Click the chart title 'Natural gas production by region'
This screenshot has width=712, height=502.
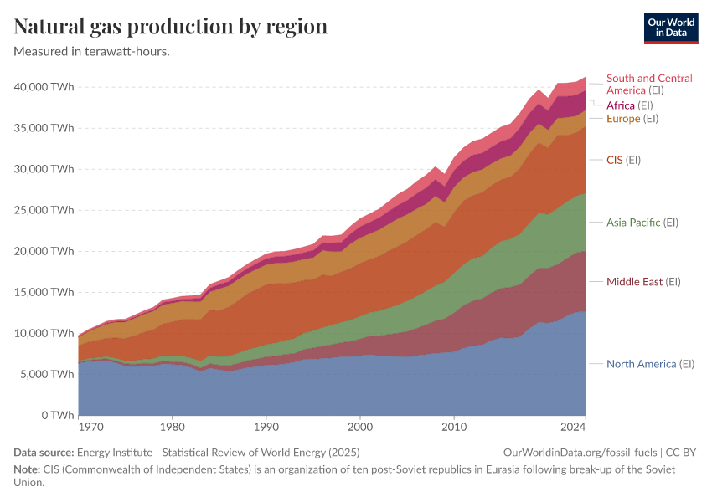170,26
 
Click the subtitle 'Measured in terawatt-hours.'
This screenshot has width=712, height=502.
92,51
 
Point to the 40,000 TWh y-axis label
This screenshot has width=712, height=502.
44,87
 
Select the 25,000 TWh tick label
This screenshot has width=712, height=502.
44,210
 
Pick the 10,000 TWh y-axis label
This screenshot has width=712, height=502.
44,333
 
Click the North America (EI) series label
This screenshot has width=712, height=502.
650,364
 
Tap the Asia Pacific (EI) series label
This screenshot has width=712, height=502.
642,223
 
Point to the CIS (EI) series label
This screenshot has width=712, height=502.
623,159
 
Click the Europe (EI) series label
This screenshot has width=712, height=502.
632,119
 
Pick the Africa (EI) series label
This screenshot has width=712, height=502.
629,105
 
